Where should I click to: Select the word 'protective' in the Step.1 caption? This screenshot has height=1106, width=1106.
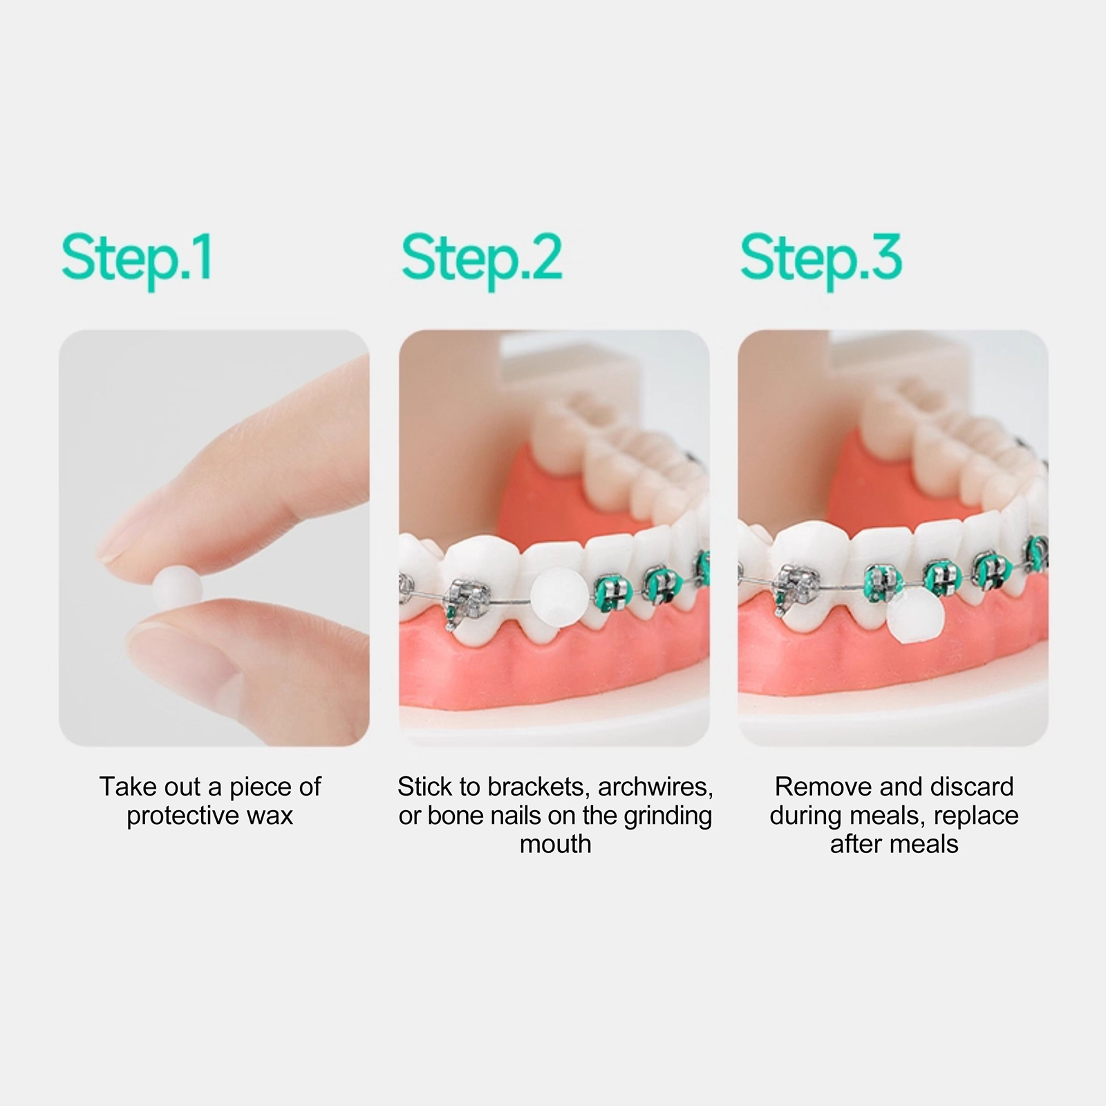pyautogui.click(x=181, y=816)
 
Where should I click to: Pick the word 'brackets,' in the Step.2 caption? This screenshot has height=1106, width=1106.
pyautogui.click(x=538, y=787)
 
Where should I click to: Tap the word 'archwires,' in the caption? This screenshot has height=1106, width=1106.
pyautogui.click(x=655, y=787)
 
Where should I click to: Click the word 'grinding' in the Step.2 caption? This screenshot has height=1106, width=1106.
pyautogui.click(x=668, y=816)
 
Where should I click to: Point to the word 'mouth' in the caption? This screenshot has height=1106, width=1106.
pyautogui.click(x=556, y=844)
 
